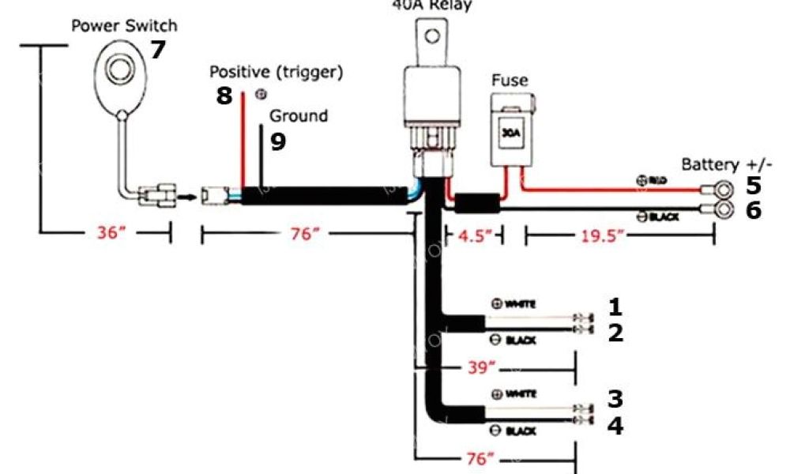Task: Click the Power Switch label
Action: click(124, 24)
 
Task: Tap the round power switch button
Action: click(119, 70)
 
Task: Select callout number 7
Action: click(158, 50)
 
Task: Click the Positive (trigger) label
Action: click(276, 72)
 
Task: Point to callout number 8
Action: click(224, 96)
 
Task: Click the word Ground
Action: click(299, 116)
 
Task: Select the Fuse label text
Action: click(510, 80)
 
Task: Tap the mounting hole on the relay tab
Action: click(432, 36)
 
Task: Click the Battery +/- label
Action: click(727, 164)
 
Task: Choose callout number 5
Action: click(753, 186)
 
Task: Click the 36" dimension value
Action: click(111, 235)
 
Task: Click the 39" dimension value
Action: click(480, 367)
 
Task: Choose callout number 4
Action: click(615, 427)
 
